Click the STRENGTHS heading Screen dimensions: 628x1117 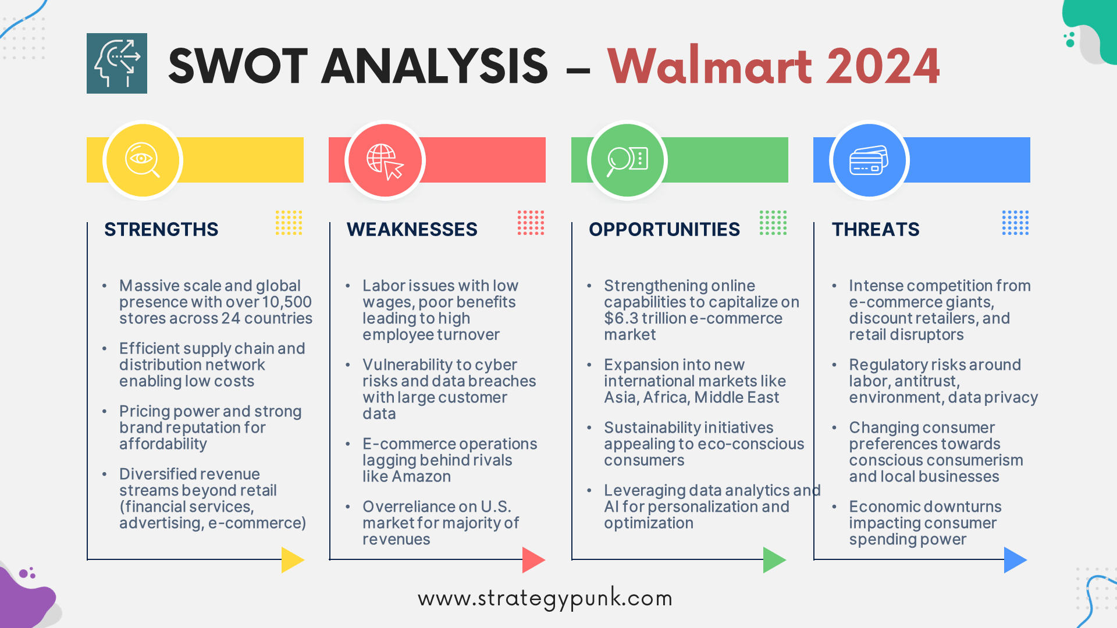pos(161,229)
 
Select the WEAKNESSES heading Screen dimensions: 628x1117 pos(412,229)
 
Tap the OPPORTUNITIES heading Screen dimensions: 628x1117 pos(664,229)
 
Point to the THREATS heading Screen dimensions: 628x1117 pos(875,229)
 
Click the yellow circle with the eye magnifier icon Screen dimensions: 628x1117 pos(143,160)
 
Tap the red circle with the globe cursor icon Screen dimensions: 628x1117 pos(385,160)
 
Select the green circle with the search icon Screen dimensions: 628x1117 pos(627,160)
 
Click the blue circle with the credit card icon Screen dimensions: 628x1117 pos(869,160)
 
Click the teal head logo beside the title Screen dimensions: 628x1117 pos(117,63)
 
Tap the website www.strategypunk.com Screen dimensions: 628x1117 pos(545,598)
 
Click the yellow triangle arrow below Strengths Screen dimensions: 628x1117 pos(291,559)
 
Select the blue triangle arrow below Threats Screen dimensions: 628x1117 pos(1014,559)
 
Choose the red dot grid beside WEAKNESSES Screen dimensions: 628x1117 pos(531,223)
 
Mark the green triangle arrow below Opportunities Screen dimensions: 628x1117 pos(773,559)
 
